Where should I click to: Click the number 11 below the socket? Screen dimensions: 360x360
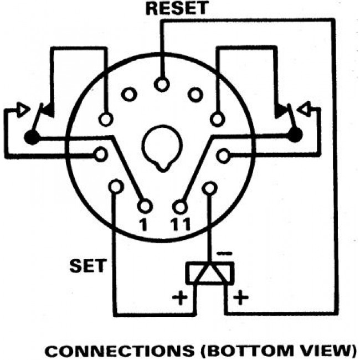tap(181, 224)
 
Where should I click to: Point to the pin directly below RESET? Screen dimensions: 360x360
tap(161, 85)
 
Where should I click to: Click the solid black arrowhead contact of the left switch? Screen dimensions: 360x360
tap(47, 110)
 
